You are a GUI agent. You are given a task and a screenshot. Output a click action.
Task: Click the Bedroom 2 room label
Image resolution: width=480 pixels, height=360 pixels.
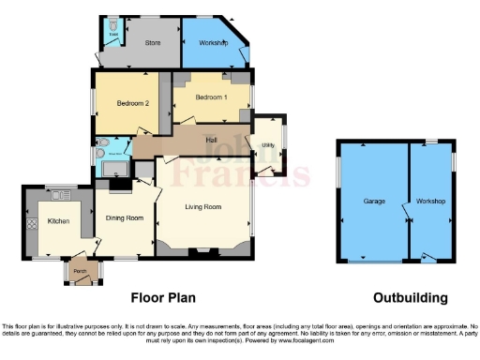[134, 103]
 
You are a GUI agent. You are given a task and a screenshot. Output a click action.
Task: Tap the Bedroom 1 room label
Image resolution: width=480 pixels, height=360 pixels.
[212, 97]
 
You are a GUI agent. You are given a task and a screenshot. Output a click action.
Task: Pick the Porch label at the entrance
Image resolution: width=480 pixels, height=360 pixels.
[81, 272]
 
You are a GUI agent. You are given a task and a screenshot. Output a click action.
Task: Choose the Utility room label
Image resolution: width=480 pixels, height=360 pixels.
[268, 145]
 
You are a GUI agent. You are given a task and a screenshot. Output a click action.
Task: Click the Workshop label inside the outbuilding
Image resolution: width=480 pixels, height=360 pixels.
[432, 202]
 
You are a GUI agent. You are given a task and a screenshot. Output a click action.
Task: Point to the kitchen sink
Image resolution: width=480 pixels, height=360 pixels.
[62, 194]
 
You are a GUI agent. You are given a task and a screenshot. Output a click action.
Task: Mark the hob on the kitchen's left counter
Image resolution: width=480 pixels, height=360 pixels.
[32, 225]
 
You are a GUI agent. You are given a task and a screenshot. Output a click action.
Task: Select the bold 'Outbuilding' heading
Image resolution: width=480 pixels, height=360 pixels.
[410, 298]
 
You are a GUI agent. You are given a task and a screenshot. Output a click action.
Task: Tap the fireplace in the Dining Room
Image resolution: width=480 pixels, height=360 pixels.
[119, 185]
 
